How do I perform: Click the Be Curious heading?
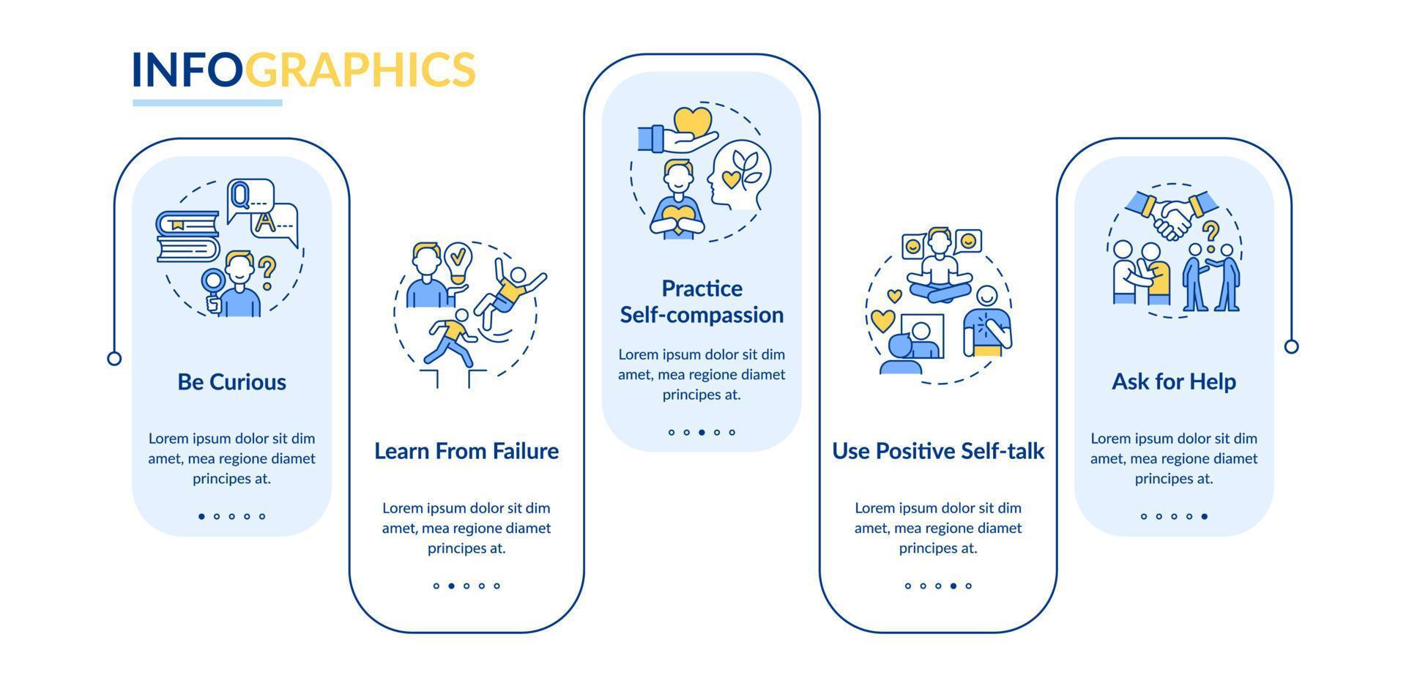tap(231, 382)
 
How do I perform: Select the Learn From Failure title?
tap(466, 451)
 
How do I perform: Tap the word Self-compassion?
tap(702, 316)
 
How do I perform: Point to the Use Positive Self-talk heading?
tap(938, 451)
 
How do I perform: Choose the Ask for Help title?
tap(1174, 381)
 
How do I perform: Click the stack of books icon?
tap(187, 236)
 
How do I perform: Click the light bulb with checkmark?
tap(458, 264)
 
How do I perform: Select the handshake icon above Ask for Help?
tap(1172, 214)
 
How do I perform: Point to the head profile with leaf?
tap(739, 175)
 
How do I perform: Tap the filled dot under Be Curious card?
tap(201, 516)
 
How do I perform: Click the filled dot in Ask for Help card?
tap(1205, 516)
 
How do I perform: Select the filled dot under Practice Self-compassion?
tap(702, 432)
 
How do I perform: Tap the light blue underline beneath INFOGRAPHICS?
tap(207, 103)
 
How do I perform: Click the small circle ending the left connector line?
tap(114, 359)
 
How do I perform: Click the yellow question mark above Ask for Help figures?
tap(1211, 234)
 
